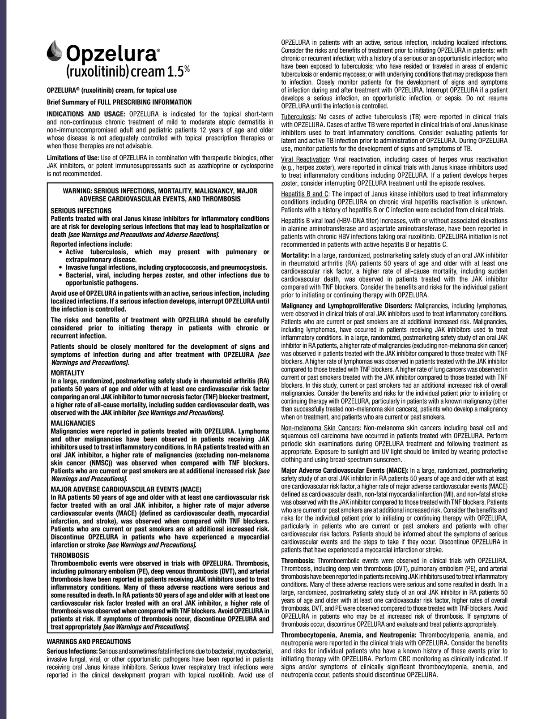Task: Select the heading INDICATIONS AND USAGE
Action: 86,112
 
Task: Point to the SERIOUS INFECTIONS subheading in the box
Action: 81,210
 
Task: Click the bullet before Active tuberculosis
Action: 61,253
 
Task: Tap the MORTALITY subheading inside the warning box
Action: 68,373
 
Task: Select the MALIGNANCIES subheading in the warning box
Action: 73,423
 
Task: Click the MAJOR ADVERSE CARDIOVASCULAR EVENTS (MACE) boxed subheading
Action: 126,489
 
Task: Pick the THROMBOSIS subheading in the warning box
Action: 70,555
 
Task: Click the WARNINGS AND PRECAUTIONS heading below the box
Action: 89,642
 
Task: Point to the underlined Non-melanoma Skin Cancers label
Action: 319,428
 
